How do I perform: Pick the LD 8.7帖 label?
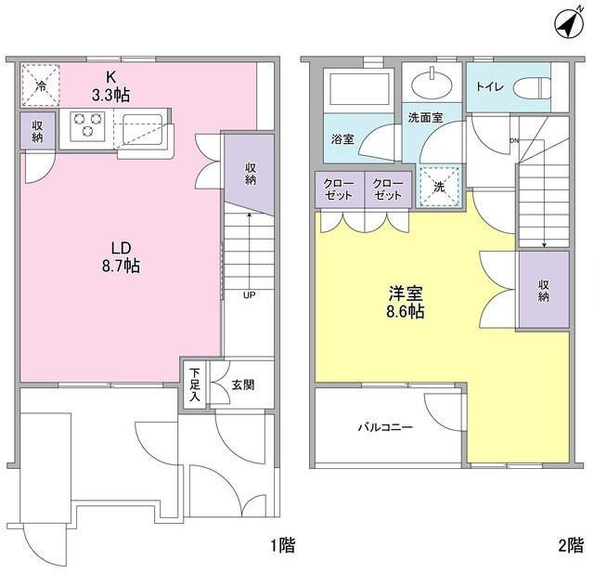121,257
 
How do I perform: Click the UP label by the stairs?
249,296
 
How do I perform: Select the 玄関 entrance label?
238,384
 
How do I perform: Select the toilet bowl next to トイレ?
529,87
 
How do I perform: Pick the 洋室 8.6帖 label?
407,302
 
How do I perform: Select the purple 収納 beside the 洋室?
543,290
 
